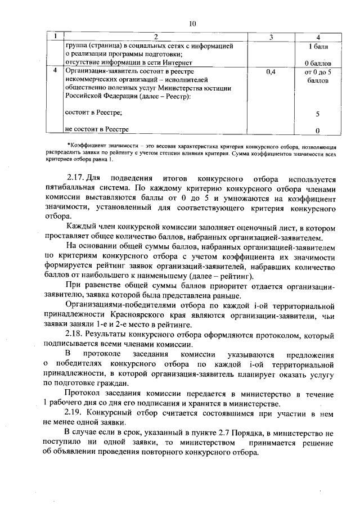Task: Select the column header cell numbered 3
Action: point(271,37)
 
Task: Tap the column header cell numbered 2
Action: point(156,37)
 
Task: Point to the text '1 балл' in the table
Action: point(318,46)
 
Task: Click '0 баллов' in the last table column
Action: point(318,62)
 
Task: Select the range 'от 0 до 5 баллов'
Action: point(318,76)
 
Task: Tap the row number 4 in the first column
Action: point(55,73)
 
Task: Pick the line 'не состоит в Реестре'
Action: point(97,129)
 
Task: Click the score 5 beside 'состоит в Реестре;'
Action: point(318,114)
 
